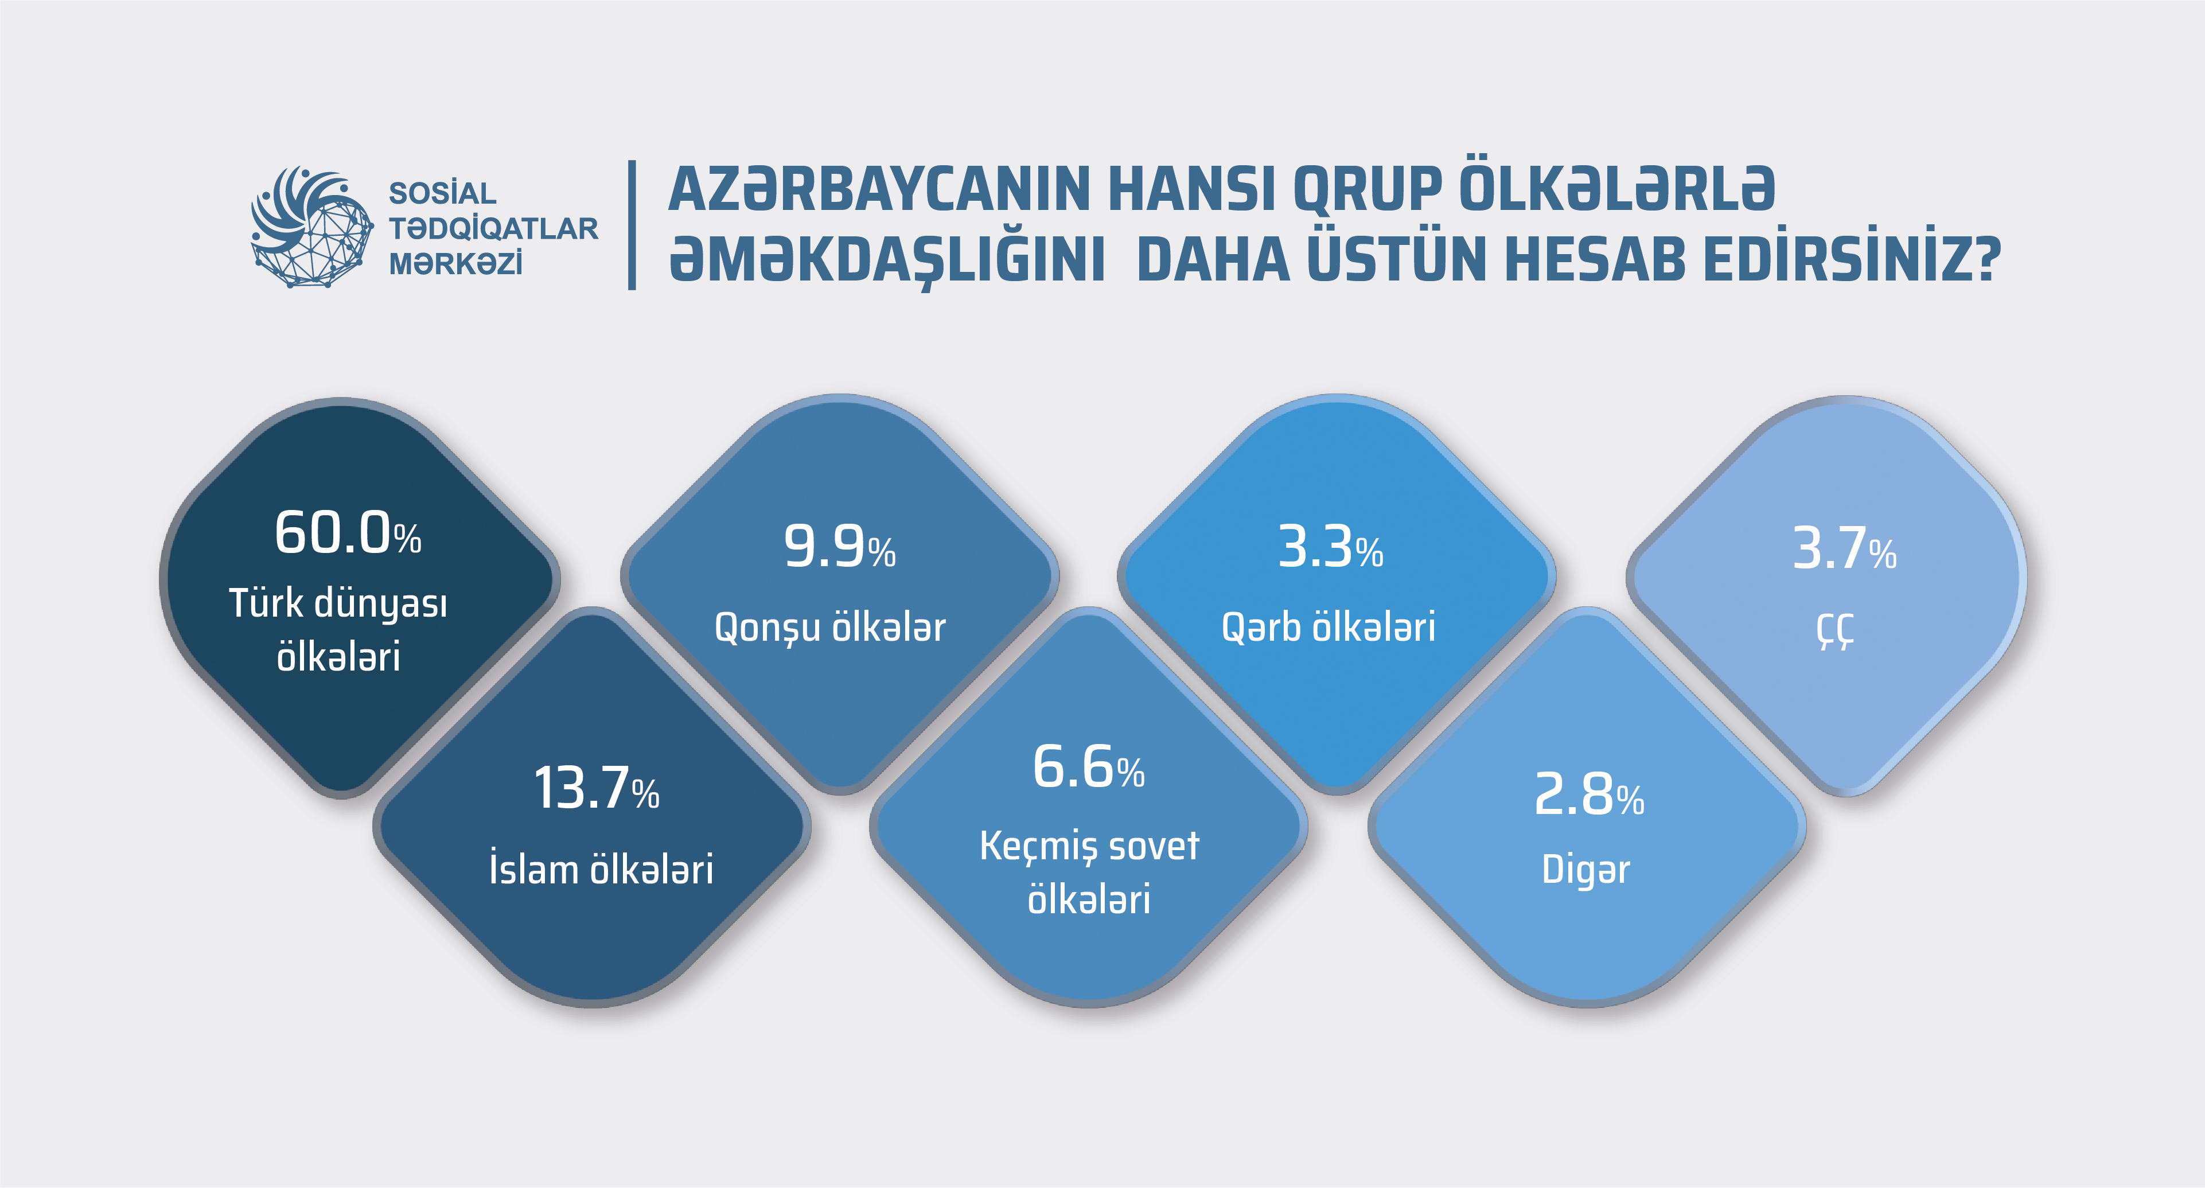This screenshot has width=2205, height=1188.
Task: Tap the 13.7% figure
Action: pos(597,788)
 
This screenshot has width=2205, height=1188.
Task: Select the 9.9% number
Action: pos(840,547)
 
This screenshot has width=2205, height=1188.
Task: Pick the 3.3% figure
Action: pos(1331,547)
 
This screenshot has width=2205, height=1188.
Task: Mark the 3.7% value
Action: pos(1845,548)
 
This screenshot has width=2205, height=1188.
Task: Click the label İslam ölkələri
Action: pos(601,868)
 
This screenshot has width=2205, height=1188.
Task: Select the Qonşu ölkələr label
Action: pos(830,628)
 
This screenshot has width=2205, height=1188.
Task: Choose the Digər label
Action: pos(1586,870)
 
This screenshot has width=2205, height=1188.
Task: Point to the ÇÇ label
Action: pos(1835,630)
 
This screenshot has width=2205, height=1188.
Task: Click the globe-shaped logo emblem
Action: pos(311,227)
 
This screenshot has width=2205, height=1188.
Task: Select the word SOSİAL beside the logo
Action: pos(442,193)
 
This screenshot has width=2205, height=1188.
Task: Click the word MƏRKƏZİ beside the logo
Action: pos(455,264)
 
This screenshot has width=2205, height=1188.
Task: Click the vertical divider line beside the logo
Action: pos(632,225)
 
